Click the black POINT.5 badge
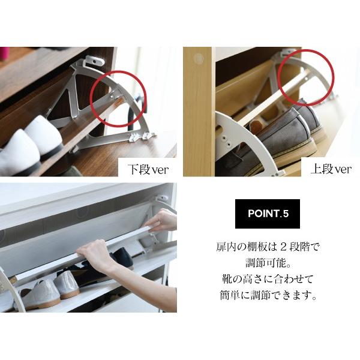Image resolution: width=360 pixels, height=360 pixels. click(268, 214)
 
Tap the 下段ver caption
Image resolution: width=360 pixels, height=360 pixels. click(148, 169)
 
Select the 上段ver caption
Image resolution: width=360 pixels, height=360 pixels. click(331, 169)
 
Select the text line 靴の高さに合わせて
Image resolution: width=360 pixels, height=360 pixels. click(268, 279)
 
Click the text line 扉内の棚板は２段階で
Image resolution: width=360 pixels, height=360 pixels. click(268, 247)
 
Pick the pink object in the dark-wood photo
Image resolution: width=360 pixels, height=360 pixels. click(4, 54)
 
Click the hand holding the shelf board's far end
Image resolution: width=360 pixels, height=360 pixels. click(162, 221)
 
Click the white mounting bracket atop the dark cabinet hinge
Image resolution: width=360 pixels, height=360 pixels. click(95, 61)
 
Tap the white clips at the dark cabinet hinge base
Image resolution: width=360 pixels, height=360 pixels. click(139, 137)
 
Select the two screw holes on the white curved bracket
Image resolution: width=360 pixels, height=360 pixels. click(226, 142)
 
